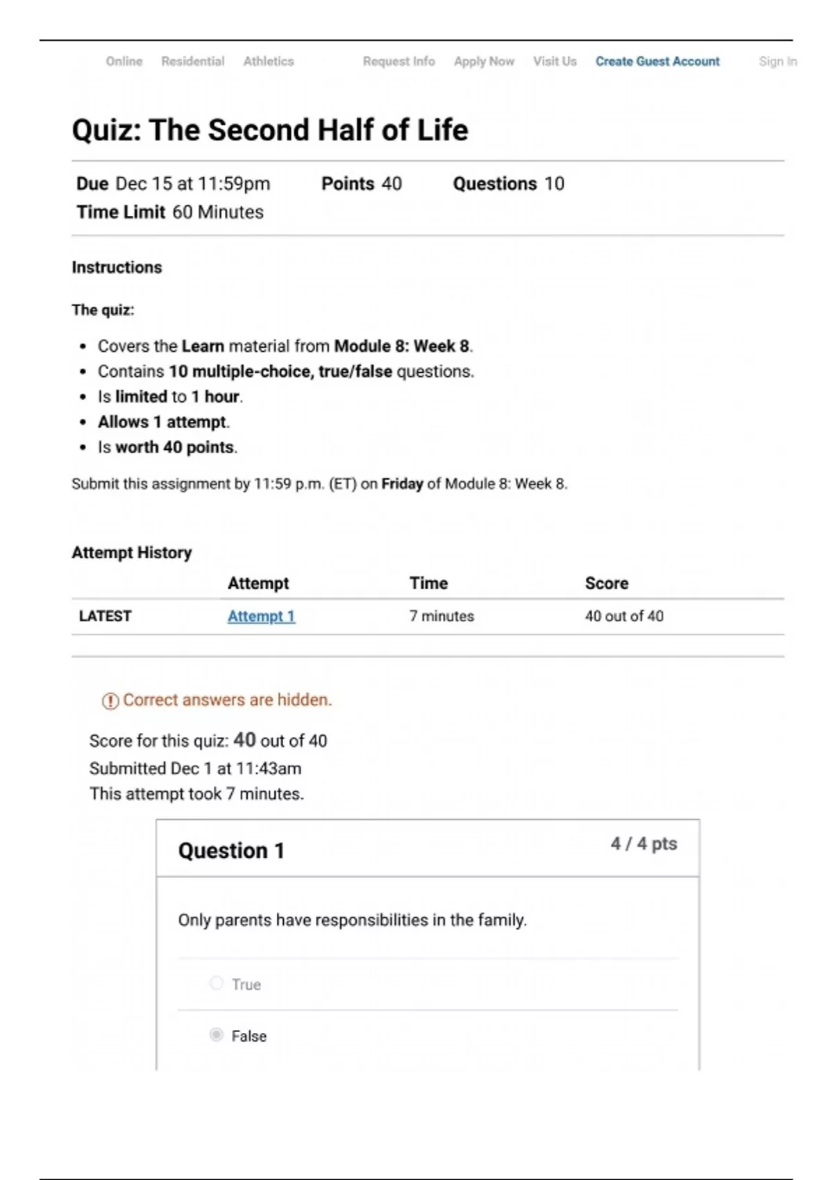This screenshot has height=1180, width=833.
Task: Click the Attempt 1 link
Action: coord(261,616)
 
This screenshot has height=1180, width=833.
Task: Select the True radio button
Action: coord(217,983)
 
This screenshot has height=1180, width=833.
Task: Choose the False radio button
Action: coord(217,1035)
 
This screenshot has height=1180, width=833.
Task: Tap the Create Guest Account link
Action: coord(657,61)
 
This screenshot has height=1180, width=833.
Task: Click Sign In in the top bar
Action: coord(777,61)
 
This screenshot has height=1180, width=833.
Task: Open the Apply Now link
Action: coord(484,61)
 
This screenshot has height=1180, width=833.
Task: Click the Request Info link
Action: coord(398,61)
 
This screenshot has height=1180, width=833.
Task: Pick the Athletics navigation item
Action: coord(268,61)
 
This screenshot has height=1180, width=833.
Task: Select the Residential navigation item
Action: coord(192,61)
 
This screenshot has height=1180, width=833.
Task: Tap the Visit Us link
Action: coord(555,61)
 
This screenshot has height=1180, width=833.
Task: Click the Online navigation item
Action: coord(124,61)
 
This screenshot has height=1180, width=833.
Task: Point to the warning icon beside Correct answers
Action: coord(110,701)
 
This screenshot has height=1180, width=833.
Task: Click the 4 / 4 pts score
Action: coord(643,844)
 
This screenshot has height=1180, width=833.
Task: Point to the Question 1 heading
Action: coord(231,851)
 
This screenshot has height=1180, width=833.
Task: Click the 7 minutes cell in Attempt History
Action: coord(441,616)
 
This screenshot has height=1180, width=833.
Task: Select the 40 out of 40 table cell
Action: coord(624,616)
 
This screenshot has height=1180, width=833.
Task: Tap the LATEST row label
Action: coord(105,616)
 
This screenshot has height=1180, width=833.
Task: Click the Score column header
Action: coord(606,584)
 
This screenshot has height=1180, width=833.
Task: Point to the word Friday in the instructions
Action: coord(402,484)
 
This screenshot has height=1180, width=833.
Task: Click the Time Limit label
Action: coord(121,212)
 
